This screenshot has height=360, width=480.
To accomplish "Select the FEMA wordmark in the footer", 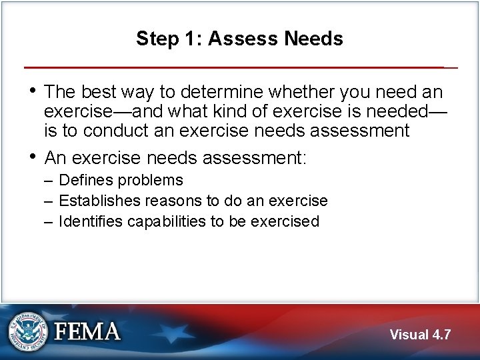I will tap(87, 331).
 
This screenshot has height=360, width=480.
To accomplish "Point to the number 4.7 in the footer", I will tap(441, 335).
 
